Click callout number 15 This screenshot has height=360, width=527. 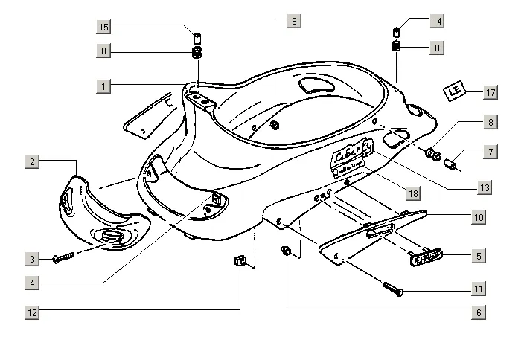105,28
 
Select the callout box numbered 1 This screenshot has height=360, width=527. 105,86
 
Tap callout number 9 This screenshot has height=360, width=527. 294,22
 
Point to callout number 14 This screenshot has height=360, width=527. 437,22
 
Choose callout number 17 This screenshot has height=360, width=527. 489,92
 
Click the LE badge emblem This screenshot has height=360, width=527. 455,91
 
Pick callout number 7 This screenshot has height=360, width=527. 490,152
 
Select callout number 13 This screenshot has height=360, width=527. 485,188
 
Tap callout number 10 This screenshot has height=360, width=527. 479,217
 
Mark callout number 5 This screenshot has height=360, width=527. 479,256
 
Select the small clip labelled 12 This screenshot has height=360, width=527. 240,262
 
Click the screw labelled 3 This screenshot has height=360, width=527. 64,257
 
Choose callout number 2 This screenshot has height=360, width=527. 33,161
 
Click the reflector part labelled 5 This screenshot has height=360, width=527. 425,257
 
